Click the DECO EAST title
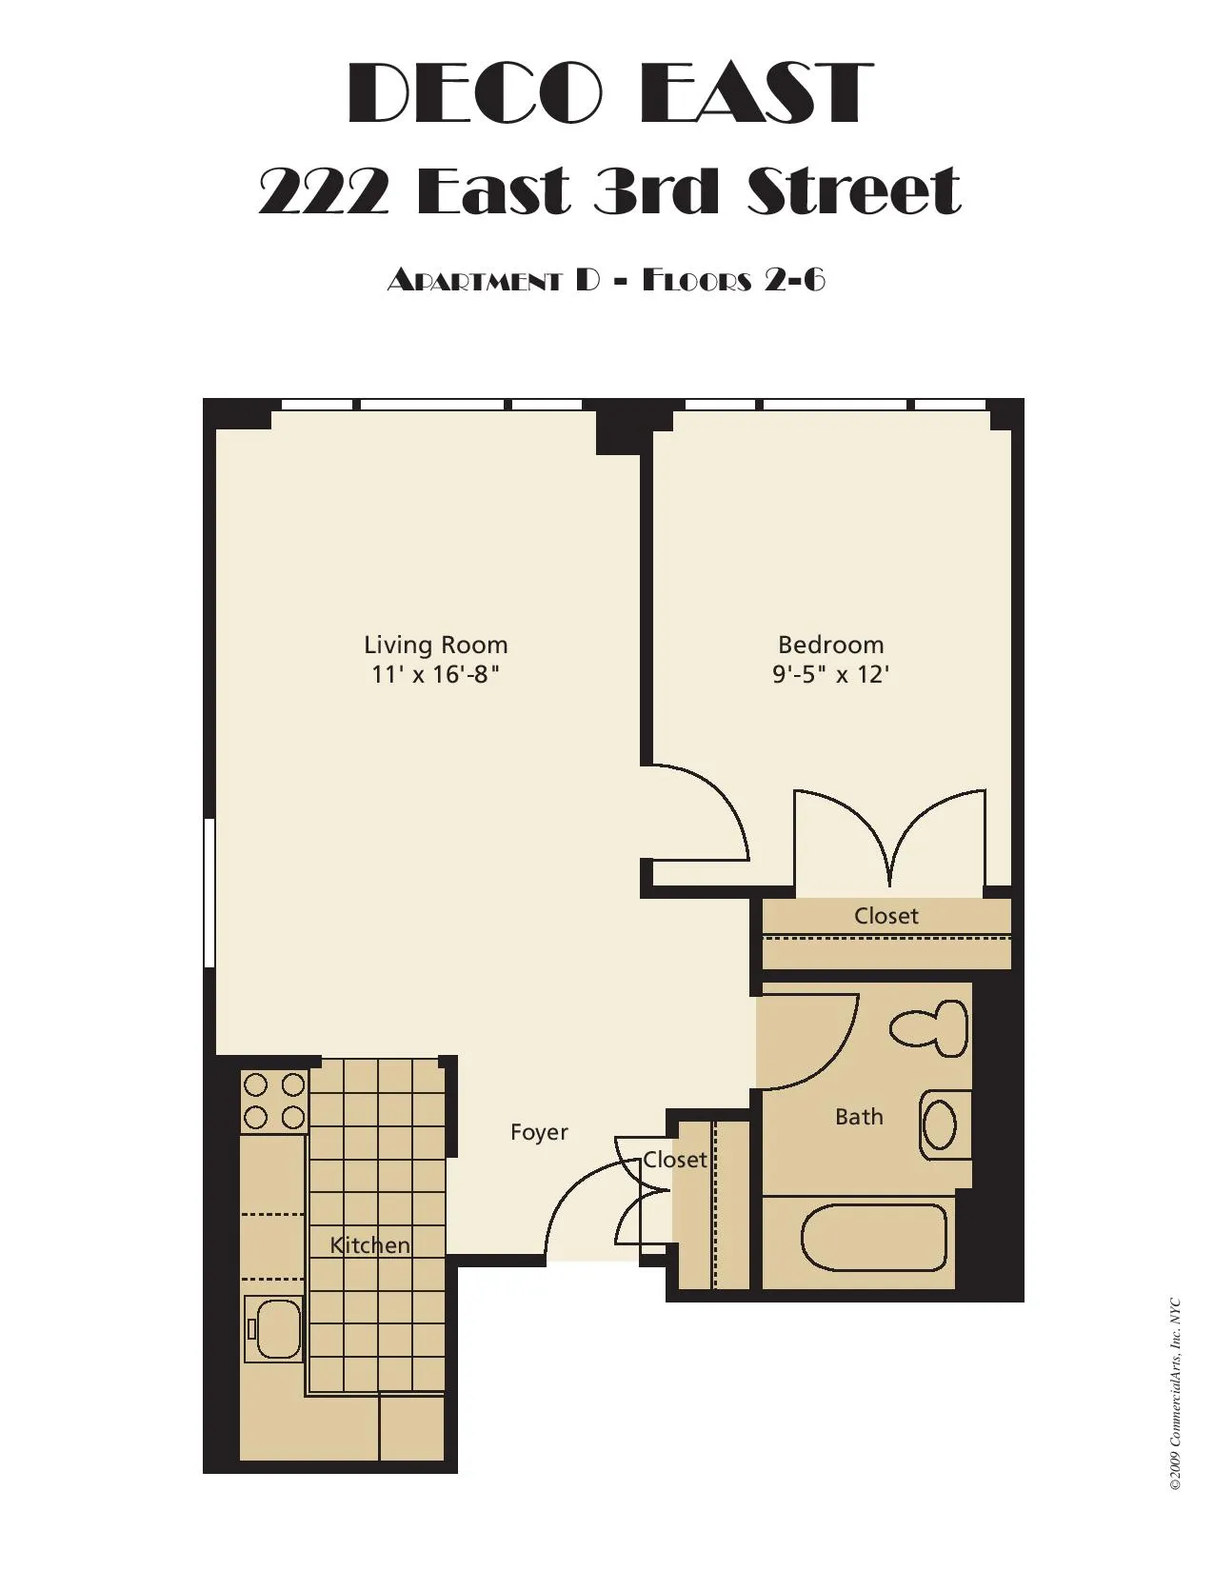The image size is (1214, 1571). point(609,93)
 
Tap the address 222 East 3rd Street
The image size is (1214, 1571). point(609,190)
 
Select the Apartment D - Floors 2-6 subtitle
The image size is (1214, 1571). point(606,280)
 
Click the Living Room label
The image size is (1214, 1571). point(435,645)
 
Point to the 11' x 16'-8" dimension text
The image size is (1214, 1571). point(435,674)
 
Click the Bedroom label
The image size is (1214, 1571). point(830,645)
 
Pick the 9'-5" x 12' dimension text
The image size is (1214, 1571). point(830,674)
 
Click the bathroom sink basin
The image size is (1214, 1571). point(941,1124)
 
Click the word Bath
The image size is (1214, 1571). point(858,1116)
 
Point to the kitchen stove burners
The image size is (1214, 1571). point(273,1101)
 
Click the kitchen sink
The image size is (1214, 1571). point(274,1328)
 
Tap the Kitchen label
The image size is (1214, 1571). point(369,1244)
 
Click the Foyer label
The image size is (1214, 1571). point(539,1131)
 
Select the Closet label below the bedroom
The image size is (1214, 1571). point(886,916)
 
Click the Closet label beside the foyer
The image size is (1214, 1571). point(674,1159)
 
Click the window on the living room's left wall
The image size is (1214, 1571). point(209,892)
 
